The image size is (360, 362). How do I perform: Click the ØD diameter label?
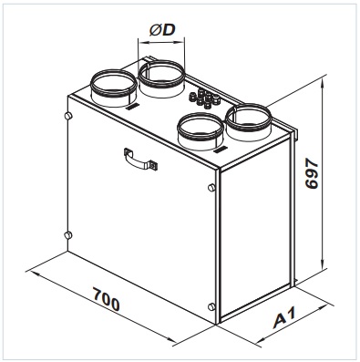point(162,30)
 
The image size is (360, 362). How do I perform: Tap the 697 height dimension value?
point(312,175)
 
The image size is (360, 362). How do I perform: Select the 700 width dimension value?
point(106,300)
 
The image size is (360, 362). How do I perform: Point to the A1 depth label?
point(284,318)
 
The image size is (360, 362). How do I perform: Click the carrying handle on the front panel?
point(140,160)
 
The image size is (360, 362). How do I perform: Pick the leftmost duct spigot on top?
point(114,88)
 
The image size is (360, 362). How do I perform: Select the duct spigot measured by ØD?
point(161,78)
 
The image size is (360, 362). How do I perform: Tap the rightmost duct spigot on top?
point(248,122)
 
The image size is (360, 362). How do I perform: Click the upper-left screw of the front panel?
point(68,116)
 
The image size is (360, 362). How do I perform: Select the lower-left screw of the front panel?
point(68,235)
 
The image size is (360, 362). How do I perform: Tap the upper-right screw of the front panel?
point(211,187)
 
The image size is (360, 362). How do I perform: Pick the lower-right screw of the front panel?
point(211,306)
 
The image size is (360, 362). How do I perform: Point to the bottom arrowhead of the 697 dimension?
point(323,264)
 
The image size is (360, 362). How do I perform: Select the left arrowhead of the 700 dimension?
point(33,273)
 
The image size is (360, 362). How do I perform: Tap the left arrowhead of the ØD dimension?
point(142,43)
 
